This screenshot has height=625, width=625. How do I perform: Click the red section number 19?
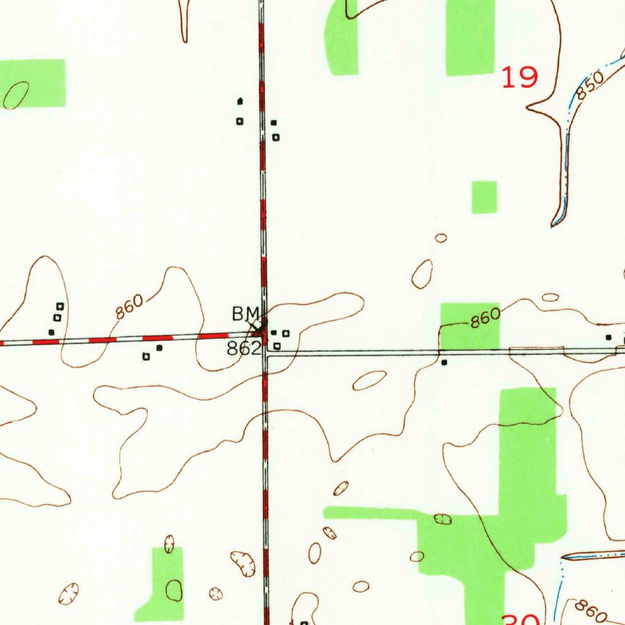[520, 78]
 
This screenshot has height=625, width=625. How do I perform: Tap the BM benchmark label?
[245, 314]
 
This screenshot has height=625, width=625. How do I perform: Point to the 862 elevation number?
[245, 349]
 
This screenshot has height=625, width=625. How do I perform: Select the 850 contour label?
[590, 86]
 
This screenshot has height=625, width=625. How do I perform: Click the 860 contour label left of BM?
[130, 307]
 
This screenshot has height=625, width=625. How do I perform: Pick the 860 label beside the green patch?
[485, 317]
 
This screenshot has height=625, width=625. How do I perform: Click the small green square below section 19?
[485, 197]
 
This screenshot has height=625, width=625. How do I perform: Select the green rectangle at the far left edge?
[34, 82]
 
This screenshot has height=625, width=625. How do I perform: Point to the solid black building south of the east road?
[444, 363]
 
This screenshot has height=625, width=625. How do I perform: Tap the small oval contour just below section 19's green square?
[441, 238]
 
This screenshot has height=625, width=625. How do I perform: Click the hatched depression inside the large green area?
[443, 519]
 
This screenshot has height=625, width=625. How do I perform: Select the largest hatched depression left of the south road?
[243, 562]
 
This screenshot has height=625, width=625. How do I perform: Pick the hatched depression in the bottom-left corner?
[69, 593]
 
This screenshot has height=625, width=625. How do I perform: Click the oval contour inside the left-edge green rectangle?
[16, 95]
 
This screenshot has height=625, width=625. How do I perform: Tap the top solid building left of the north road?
[240, 101]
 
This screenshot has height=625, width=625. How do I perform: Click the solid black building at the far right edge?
[608, 337]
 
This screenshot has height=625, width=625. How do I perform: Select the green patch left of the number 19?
[470, 38]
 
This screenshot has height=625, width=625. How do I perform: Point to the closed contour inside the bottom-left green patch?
[175, 590]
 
